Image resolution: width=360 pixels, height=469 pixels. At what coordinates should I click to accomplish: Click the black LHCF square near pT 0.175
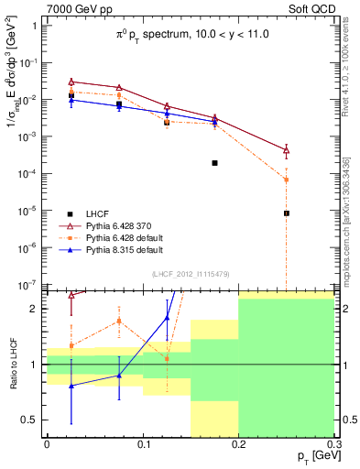[x=214, y=163]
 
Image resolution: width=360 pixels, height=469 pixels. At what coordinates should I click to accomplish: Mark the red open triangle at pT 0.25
[x=287, y=150]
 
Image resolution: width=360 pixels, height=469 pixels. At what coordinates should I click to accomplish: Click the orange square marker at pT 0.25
[x=287, y=180]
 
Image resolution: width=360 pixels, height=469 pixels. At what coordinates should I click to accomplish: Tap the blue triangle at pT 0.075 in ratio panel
[x=119, y=376]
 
